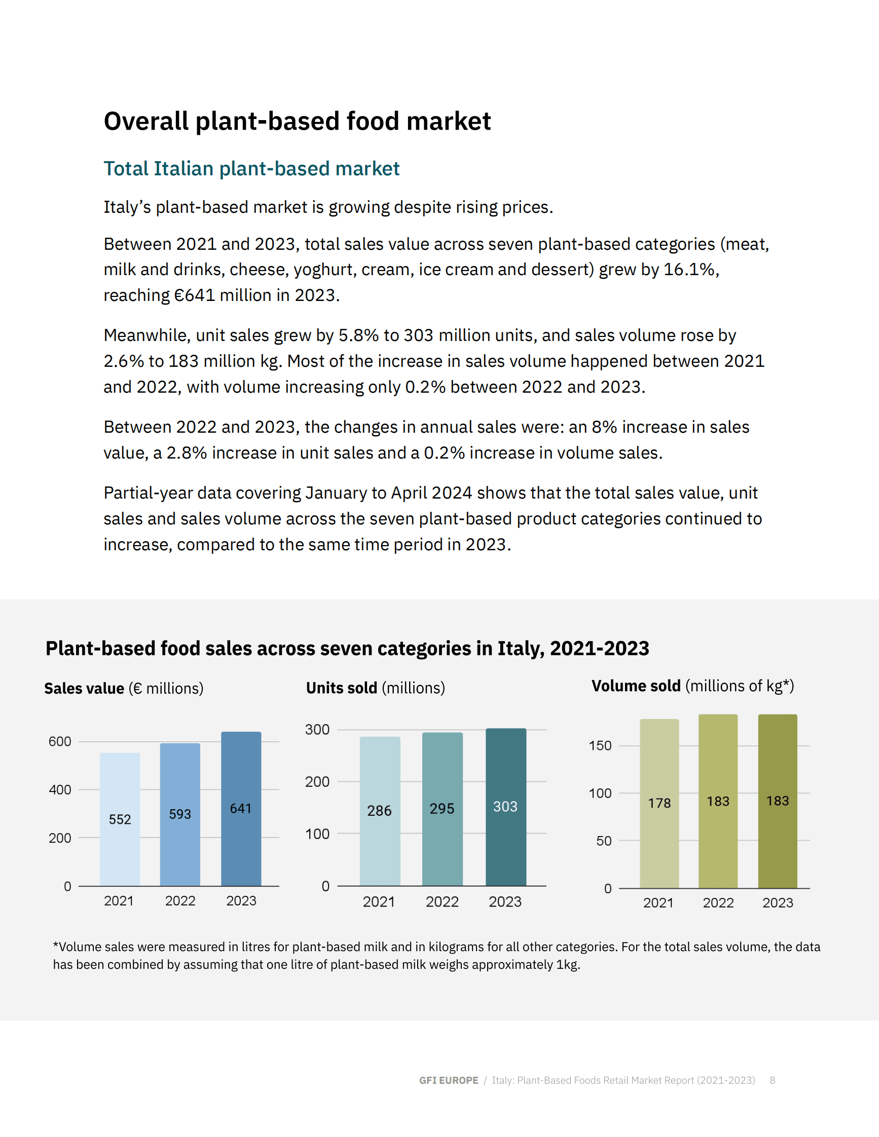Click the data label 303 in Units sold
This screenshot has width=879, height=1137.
(505, 807)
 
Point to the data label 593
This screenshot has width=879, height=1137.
(180, 814)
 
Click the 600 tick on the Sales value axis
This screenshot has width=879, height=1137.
(60, 741)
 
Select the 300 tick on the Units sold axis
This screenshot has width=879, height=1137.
(317, 729)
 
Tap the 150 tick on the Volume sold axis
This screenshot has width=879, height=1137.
(600, 745)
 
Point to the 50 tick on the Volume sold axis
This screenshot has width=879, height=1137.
(604, 841)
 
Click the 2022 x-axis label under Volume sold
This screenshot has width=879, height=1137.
(718, 903)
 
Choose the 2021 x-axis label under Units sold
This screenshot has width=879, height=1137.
(379, 902)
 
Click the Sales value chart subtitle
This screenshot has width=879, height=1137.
(124, 688)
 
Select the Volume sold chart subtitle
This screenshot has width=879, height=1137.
(692, 686)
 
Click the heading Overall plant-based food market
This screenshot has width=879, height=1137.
(297, 121)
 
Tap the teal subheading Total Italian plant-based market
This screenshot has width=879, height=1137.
(251, 169)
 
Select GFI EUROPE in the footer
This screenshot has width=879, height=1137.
(448, 1080)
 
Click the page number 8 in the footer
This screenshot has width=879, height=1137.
(772, 1080)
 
